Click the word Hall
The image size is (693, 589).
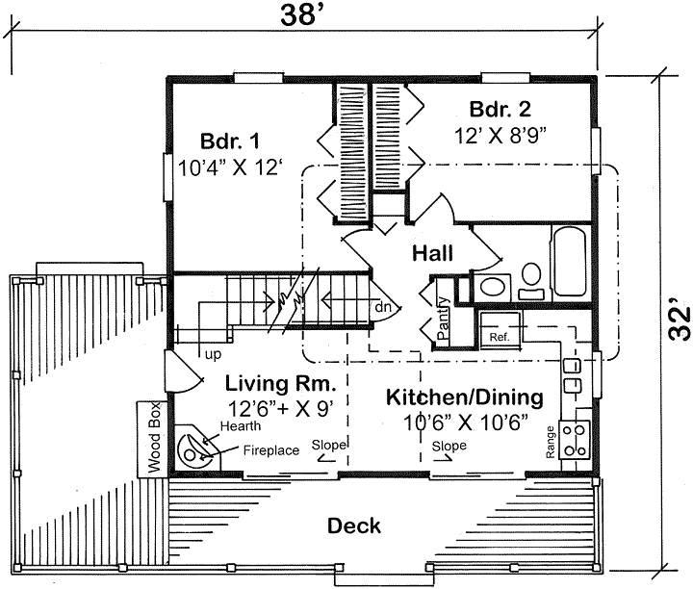[x=433, y=253]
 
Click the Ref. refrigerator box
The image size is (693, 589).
[x=500, y=330]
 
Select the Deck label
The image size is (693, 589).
[x=353, y=526]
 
